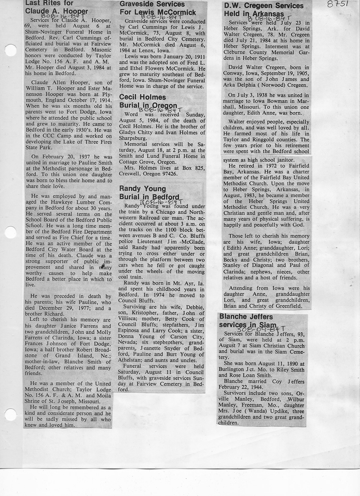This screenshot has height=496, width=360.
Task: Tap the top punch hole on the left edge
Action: click(10, 50)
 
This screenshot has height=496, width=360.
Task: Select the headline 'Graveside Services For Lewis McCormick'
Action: click(158, 9)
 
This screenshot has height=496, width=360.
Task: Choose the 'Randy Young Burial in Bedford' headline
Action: click(149, 193)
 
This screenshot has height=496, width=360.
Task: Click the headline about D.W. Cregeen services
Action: click(264, 10)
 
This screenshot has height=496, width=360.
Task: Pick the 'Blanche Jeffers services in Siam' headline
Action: click(247, 321)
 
